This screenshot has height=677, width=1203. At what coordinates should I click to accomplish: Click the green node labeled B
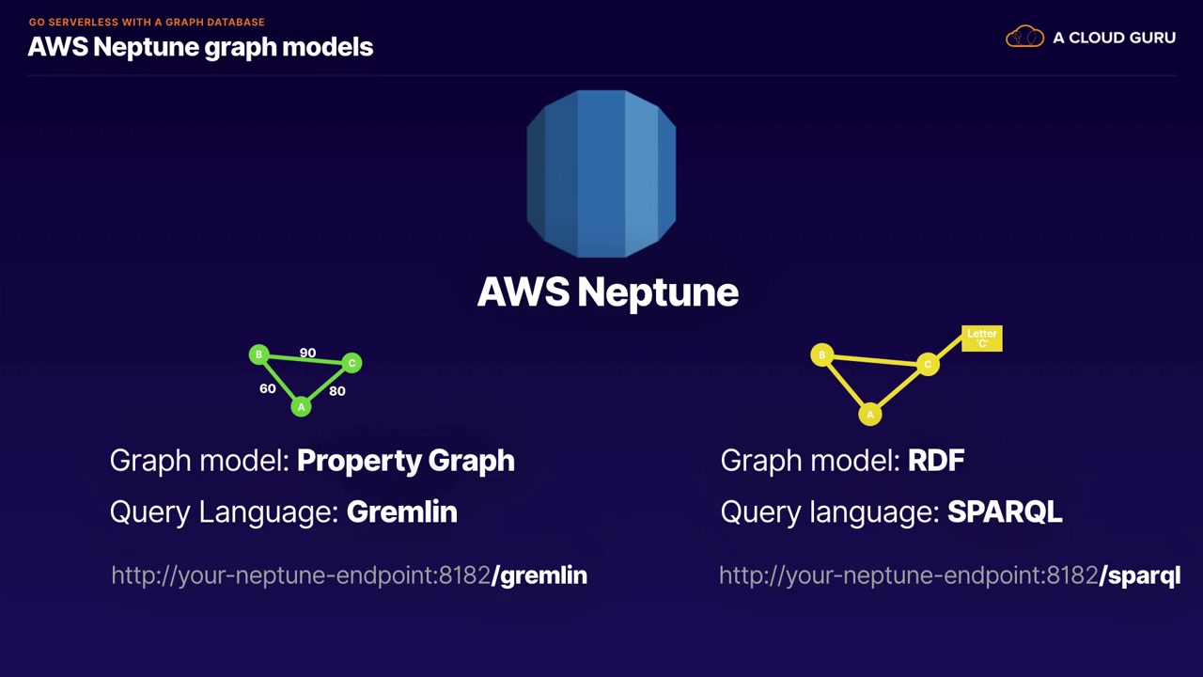pyautogui.click(x=258, y=354)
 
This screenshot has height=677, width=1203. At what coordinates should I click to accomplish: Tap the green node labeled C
pyautogui.click(x=352, y=363)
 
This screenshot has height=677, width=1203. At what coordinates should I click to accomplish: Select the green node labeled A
pyautogui.click(x=302, y=407)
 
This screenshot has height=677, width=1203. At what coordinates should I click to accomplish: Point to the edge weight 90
pyautogui.click(x=307, y=353)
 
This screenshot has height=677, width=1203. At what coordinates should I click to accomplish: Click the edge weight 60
pyautogui.click(x=268, y=388)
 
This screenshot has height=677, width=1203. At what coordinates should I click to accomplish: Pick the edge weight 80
pyautogui.click(x=337, y=391)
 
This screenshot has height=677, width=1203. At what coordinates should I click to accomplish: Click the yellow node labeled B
pyautogui.click(x=821, y=355)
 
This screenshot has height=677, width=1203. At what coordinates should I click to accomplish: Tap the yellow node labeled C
pyautogui.click(x=928, y=364)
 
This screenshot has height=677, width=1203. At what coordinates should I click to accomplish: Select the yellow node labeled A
pyautogui.click(x=870, y=415)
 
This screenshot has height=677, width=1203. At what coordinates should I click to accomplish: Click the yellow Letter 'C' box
pyautogui.click(x=982, y=338)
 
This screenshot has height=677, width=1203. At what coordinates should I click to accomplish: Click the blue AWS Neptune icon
pyautogui.click(x=601, y=174)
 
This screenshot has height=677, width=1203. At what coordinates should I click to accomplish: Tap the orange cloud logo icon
pyautogui.click(x=1024, y=37)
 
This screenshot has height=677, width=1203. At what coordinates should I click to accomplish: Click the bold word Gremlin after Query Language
pyautogui.click(x=401, y=512)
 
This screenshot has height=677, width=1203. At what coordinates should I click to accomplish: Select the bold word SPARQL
pyautogui.click(x=1005, y=512)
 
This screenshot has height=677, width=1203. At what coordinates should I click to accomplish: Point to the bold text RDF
pyautogui.click(x=936, y=461)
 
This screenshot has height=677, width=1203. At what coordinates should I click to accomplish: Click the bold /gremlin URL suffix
pyautogui.click(x=539, y=575)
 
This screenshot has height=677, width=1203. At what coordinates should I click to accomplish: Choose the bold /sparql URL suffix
pyautogui.click(x=1140, y=576)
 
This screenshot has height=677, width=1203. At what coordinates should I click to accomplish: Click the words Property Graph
pyautogui.click(x=406, y=461)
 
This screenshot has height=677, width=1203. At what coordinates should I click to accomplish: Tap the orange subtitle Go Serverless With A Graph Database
pyautogui.click(x=147, y=22)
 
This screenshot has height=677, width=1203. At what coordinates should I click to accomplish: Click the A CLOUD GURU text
pyautogui.click(x=1115, y=38)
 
